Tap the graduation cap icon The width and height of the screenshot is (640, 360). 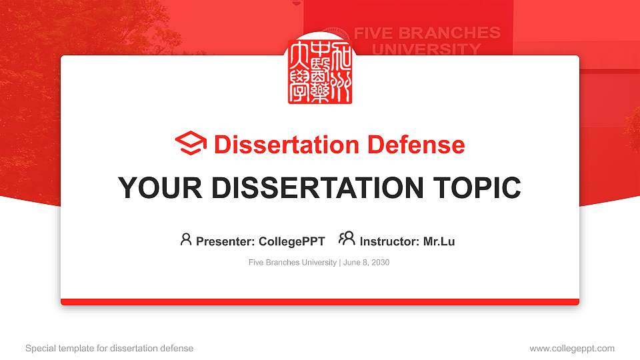[x=191, y=144]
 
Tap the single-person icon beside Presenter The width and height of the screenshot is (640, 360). [x=186, y=239]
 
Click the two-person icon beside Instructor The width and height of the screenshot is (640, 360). [x=347, y=239]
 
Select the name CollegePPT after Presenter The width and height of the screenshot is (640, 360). [x=291, y=241]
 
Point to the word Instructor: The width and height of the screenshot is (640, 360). [x=389, y=241]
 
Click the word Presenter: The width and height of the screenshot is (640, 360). [x=225, y=241]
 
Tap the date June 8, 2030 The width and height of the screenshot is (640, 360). [x=366, y=263]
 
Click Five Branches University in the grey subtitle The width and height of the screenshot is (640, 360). [x=292, y=263]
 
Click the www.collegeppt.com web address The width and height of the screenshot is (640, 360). [x=571, y=348]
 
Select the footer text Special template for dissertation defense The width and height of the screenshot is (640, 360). [x=109, y=348]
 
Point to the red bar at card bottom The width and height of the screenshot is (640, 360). [x=320, y=302]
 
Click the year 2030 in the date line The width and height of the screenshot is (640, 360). [x=381, y=263]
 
